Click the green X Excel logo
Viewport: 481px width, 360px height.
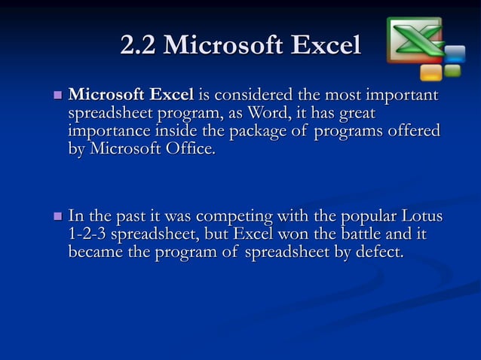tap(414, 39)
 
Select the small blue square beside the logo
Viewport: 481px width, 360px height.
tap(454, 54)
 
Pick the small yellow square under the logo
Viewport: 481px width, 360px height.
tap(431, 72)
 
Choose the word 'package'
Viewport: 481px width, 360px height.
tap(235, 131)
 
